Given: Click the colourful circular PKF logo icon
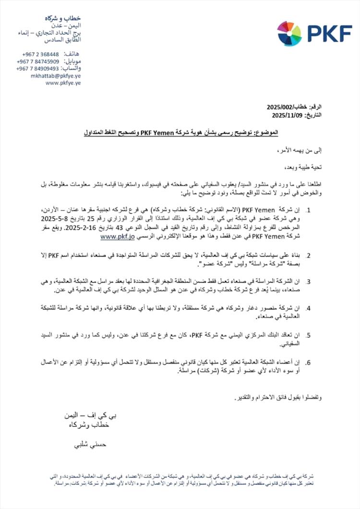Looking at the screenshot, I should (289, 34).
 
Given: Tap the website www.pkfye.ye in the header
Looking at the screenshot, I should (63, 83).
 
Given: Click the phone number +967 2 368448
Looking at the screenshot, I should (40, 54).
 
